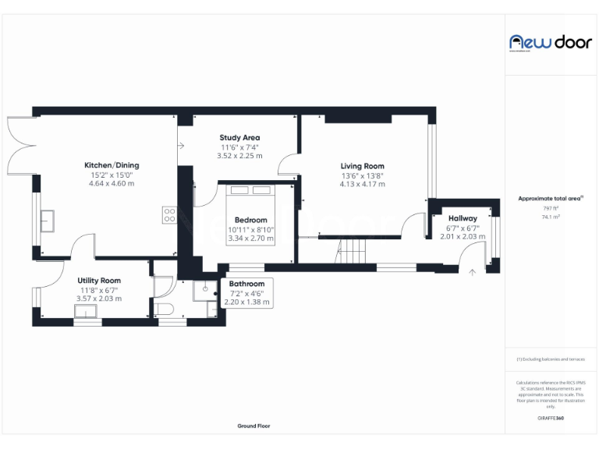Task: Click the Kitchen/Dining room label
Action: click(x=112, y=165)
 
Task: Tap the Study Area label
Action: click(x=239, y=138)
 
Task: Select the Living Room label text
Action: click(x=362, y=166)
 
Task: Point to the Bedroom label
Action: click(x=250, y=220)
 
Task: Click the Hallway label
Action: click(x=463, y=218)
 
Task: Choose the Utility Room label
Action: click(x=99, y=280)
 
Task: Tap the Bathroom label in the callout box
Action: click(x=246, y=284)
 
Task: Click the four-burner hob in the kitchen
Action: click(x=169, y=214)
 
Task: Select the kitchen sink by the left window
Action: click(x=46, y=221)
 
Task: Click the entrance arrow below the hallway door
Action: click(x=473, y=272)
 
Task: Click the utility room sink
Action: click(x=86, y=313)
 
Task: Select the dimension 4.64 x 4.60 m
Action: click(x=112, y=184)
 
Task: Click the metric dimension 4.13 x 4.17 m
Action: click(x=362, y=185)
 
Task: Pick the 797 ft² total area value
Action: click(x=551, y=208)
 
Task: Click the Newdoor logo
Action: click(x=551, y=42)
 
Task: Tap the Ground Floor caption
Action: click(x=253, y=426)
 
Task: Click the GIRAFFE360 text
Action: click(x=551, y=419)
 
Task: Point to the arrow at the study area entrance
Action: click(x=182, y=145)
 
